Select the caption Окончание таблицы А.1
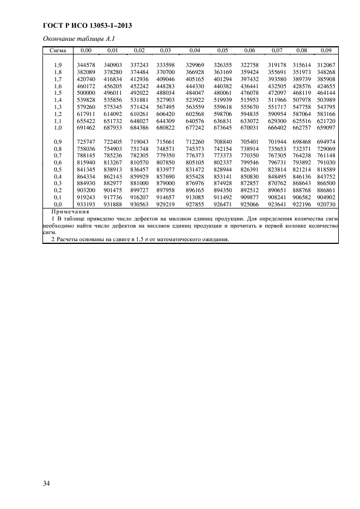coord(78,38)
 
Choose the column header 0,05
coord(222,50)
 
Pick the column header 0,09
coord(326,50)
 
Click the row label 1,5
coord(58,93)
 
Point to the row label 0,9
coord(58,142)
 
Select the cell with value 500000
coord(86,93)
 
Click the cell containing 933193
coord(86,204)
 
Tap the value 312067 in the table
coord(326,65)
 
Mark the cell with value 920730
coord(326,204)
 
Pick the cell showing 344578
coord(86,65)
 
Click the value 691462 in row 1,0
coord(86,128)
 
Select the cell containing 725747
coord(86,142)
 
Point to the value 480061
coord(222,93)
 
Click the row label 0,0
coord(58,204)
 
